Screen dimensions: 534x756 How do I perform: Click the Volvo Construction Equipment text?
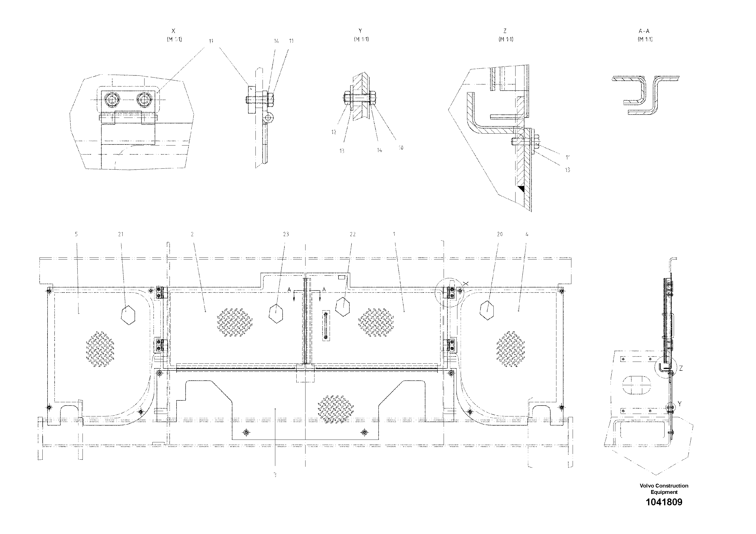(x=664, y=489)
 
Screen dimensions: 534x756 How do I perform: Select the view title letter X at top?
(x=173, y=31)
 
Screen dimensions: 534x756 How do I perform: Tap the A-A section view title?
(x=644, y=31)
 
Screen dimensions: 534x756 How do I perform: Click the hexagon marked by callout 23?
(x=276, y=313)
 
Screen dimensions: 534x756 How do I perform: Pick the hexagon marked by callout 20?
(x=487, y=310)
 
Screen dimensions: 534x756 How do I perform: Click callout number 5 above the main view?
(x=76, y=234)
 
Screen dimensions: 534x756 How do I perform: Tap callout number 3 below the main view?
(x=275, y=475)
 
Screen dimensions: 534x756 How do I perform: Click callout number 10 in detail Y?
(x=401, y=148)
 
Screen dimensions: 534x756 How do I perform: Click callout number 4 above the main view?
(x=527, y=234)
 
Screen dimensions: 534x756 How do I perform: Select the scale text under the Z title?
(x=505, y=39)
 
